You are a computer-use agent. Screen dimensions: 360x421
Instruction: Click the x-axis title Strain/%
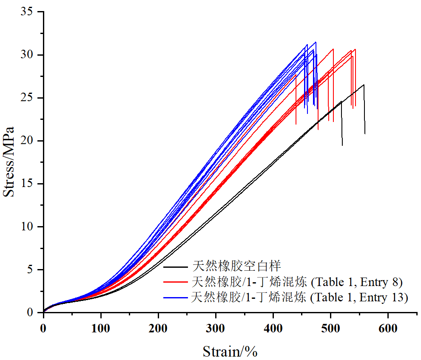click(230, 351)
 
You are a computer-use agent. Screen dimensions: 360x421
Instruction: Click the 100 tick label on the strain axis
click(101, 328)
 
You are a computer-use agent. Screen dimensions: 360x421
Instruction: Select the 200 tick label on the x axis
click(158, 328)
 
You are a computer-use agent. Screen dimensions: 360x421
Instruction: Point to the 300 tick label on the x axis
click(216, 328)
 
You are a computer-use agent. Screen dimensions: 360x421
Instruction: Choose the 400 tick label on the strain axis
click(273, 328)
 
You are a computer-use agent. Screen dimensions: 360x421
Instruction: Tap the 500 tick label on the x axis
click(330, 328)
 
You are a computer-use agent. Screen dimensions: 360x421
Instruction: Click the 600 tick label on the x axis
click(388, 328)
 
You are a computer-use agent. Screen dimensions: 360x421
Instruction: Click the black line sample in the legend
click(176, 267)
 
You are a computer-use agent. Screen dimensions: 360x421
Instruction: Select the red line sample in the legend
click(176, 282)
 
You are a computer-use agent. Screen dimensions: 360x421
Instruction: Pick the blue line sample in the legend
click(176, 297)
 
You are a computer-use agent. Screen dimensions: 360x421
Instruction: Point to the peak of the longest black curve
click(364, 85)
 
